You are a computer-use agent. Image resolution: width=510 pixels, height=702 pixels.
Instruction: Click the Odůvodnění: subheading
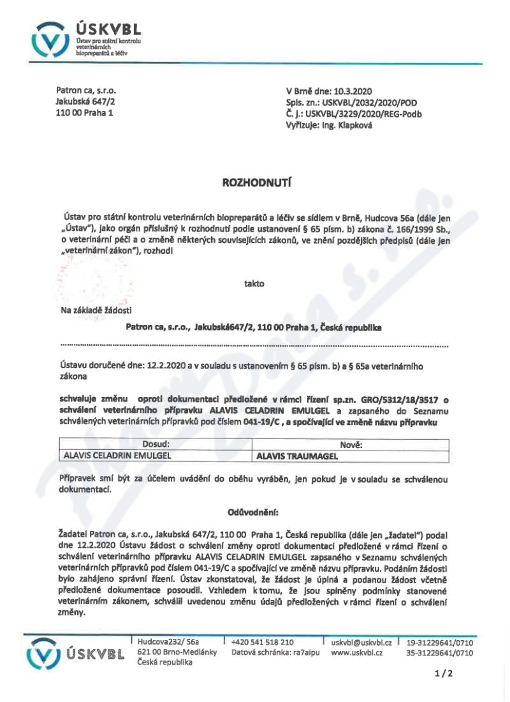pyautogui.click(x=253, y=512)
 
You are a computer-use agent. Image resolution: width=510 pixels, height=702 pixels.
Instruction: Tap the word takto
pyautogui.click(x=253, y=283)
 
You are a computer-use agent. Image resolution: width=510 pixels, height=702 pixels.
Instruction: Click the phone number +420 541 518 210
pyautogui.click(x=263, y=642)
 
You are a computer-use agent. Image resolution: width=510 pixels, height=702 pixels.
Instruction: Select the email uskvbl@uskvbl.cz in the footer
pyautogui.click(x=361, y=642)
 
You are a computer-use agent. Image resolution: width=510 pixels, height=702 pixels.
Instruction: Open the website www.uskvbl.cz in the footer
pyautogui.click(x=356, y=653)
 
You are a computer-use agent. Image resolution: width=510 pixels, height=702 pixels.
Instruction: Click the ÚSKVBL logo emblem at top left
pyautogui.click(x=49, y=40)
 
